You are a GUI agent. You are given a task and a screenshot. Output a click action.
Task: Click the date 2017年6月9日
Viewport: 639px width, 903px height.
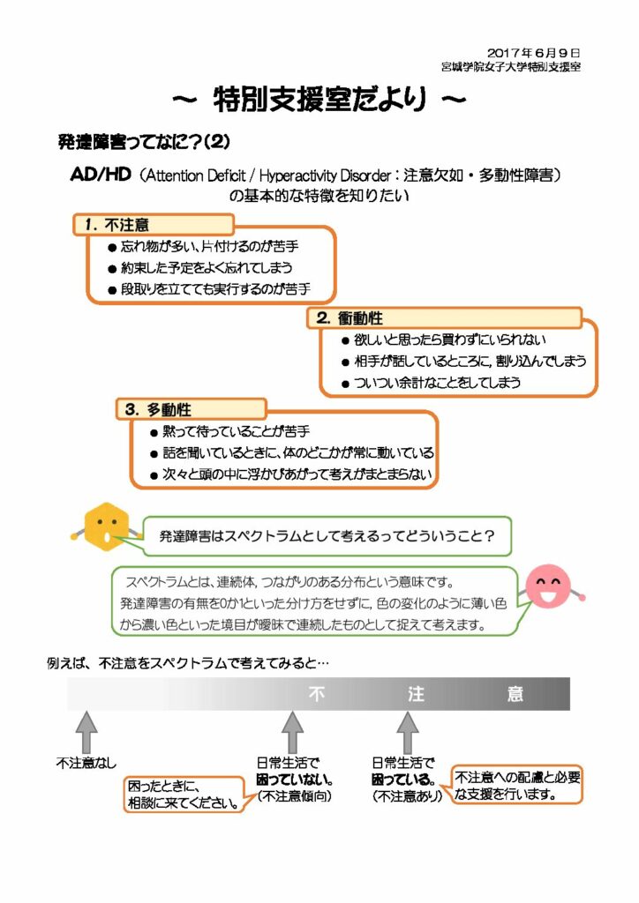[x=533, y=53]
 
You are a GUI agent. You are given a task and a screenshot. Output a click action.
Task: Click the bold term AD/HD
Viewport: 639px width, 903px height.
[x=100, y=175]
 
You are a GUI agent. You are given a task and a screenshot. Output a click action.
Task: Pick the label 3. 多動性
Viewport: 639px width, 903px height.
[x=159, y=410]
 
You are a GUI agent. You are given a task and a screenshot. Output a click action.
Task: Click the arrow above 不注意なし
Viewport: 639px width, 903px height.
[x=86, y=731]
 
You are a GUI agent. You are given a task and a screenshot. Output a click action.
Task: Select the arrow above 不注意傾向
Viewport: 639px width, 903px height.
[x=293, y=731]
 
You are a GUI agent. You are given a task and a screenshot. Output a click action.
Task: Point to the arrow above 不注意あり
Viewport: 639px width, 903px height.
[x=407, y=731]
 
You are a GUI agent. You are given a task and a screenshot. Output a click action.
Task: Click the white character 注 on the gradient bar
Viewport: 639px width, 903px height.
[x=417, y=694]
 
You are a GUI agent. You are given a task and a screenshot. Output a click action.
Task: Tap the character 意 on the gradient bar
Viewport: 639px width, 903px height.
[x=515, y=694]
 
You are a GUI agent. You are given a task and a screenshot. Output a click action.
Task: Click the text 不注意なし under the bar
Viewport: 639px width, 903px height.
[x=86, y=762]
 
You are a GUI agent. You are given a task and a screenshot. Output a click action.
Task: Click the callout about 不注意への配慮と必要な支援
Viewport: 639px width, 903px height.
[x=518, y=785]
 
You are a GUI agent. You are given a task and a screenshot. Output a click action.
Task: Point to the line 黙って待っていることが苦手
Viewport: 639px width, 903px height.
[x=235, y=431]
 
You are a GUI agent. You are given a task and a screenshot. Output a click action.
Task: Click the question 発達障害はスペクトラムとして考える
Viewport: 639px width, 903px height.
[x=326, y=535]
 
